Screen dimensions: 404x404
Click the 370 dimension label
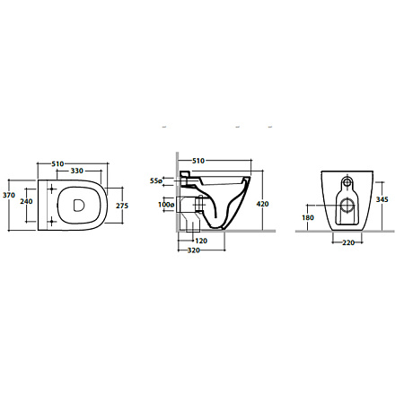click(x=9, y=196)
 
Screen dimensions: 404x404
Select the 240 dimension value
click(x=26, y=201)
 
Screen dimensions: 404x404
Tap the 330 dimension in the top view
click(x=77, y=171)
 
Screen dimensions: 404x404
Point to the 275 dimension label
click(x=122, y=206)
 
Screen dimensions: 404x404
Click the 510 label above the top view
click(x=57, y=164)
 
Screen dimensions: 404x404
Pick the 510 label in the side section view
click(x=198, y=161)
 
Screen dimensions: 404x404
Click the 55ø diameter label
click(x=156, y=180)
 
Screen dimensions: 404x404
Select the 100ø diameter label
click(x=166, y=205)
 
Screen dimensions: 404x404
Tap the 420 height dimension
click(x=262, y=204)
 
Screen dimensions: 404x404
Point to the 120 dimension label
click(x=201, y=241)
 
